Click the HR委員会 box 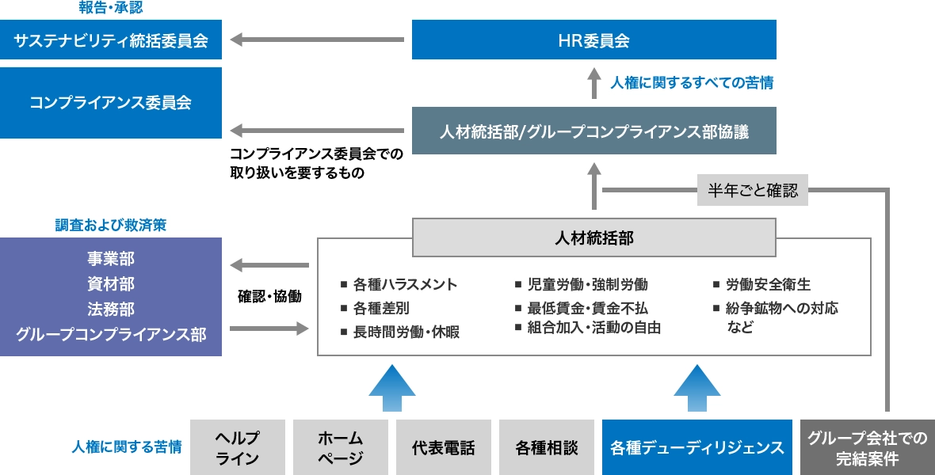point(594,40)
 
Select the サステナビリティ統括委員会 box point(111,40)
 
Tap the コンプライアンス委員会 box point(111,103)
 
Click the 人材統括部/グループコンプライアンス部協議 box point(594,132)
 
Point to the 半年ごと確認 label point(753,190)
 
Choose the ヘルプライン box point(238,447)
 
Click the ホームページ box point(341,447)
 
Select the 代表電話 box point(444,447)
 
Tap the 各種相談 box point(547,447)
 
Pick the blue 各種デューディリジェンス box point(697,447)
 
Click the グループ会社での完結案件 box point(868,447)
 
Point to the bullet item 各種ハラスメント point(405,284)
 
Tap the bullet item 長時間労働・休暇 point(406,332)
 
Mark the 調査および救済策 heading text point(111,226)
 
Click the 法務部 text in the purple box point(111,310)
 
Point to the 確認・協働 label point(269,297)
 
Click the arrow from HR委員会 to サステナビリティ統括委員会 point(317,39)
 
